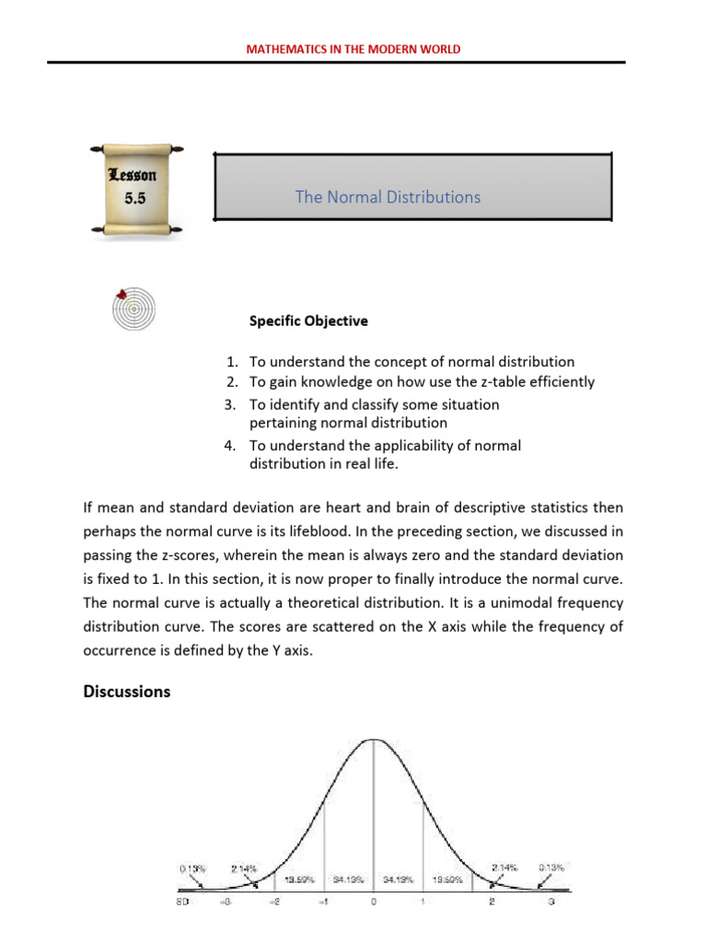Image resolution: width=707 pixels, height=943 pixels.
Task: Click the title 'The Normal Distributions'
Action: [x=388, y=197]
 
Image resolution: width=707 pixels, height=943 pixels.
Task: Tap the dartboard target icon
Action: [x=134, y=309]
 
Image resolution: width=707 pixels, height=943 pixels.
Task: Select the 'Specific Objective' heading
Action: [x=308, y=321]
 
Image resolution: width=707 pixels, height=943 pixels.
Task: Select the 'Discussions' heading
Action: [x=127, y=692]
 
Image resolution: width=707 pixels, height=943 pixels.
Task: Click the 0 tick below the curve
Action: [x=373, y=902]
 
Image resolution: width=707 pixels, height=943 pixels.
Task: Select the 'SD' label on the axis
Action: [x=184, y=902]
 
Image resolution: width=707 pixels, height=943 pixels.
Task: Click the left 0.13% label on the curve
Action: [x=192, y=867]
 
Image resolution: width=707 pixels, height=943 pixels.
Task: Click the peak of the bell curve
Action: [x=373, y=739]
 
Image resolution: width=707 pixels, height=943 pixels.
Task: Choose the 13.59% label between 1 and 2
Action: [x=447, y=880]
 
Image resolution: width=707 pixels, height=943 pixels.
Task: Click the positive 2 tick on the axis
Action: [x=492, y=902]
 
